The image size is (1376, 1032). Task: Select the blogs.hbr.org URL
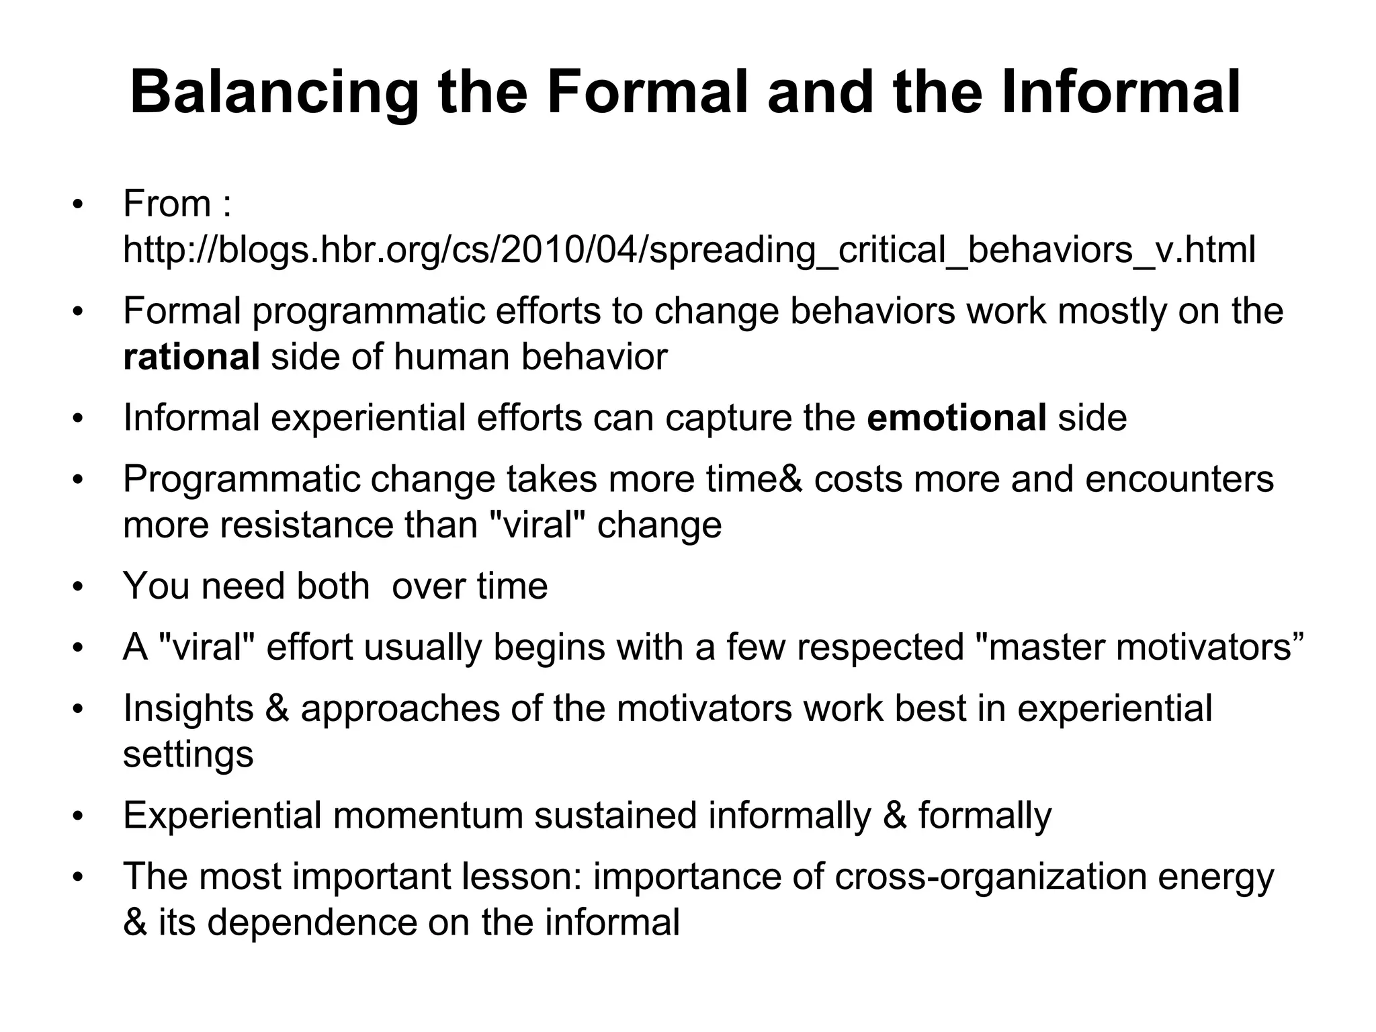pyautogui.click(x=689, y=250)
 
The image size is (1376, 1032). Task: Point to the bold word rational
pyautogui.click(x=191, y=357)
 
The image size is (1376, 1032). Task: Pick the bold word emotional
pyautogui.click(x=956, y=418)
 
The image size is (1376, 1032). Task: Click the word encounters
pyautogui.click(x=1179, y=479)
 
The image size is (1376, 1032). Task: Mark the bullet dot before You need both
pyautogui.click(x=78, y=587)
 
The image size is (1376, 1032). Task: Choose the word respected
pyautogui.click(x=879, y=647)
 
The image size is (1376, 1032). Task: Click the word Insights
pyautogui.click(x=189, y=708)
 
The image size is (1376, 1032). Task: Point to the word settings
pyautogui.click(x=188, y=755)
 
